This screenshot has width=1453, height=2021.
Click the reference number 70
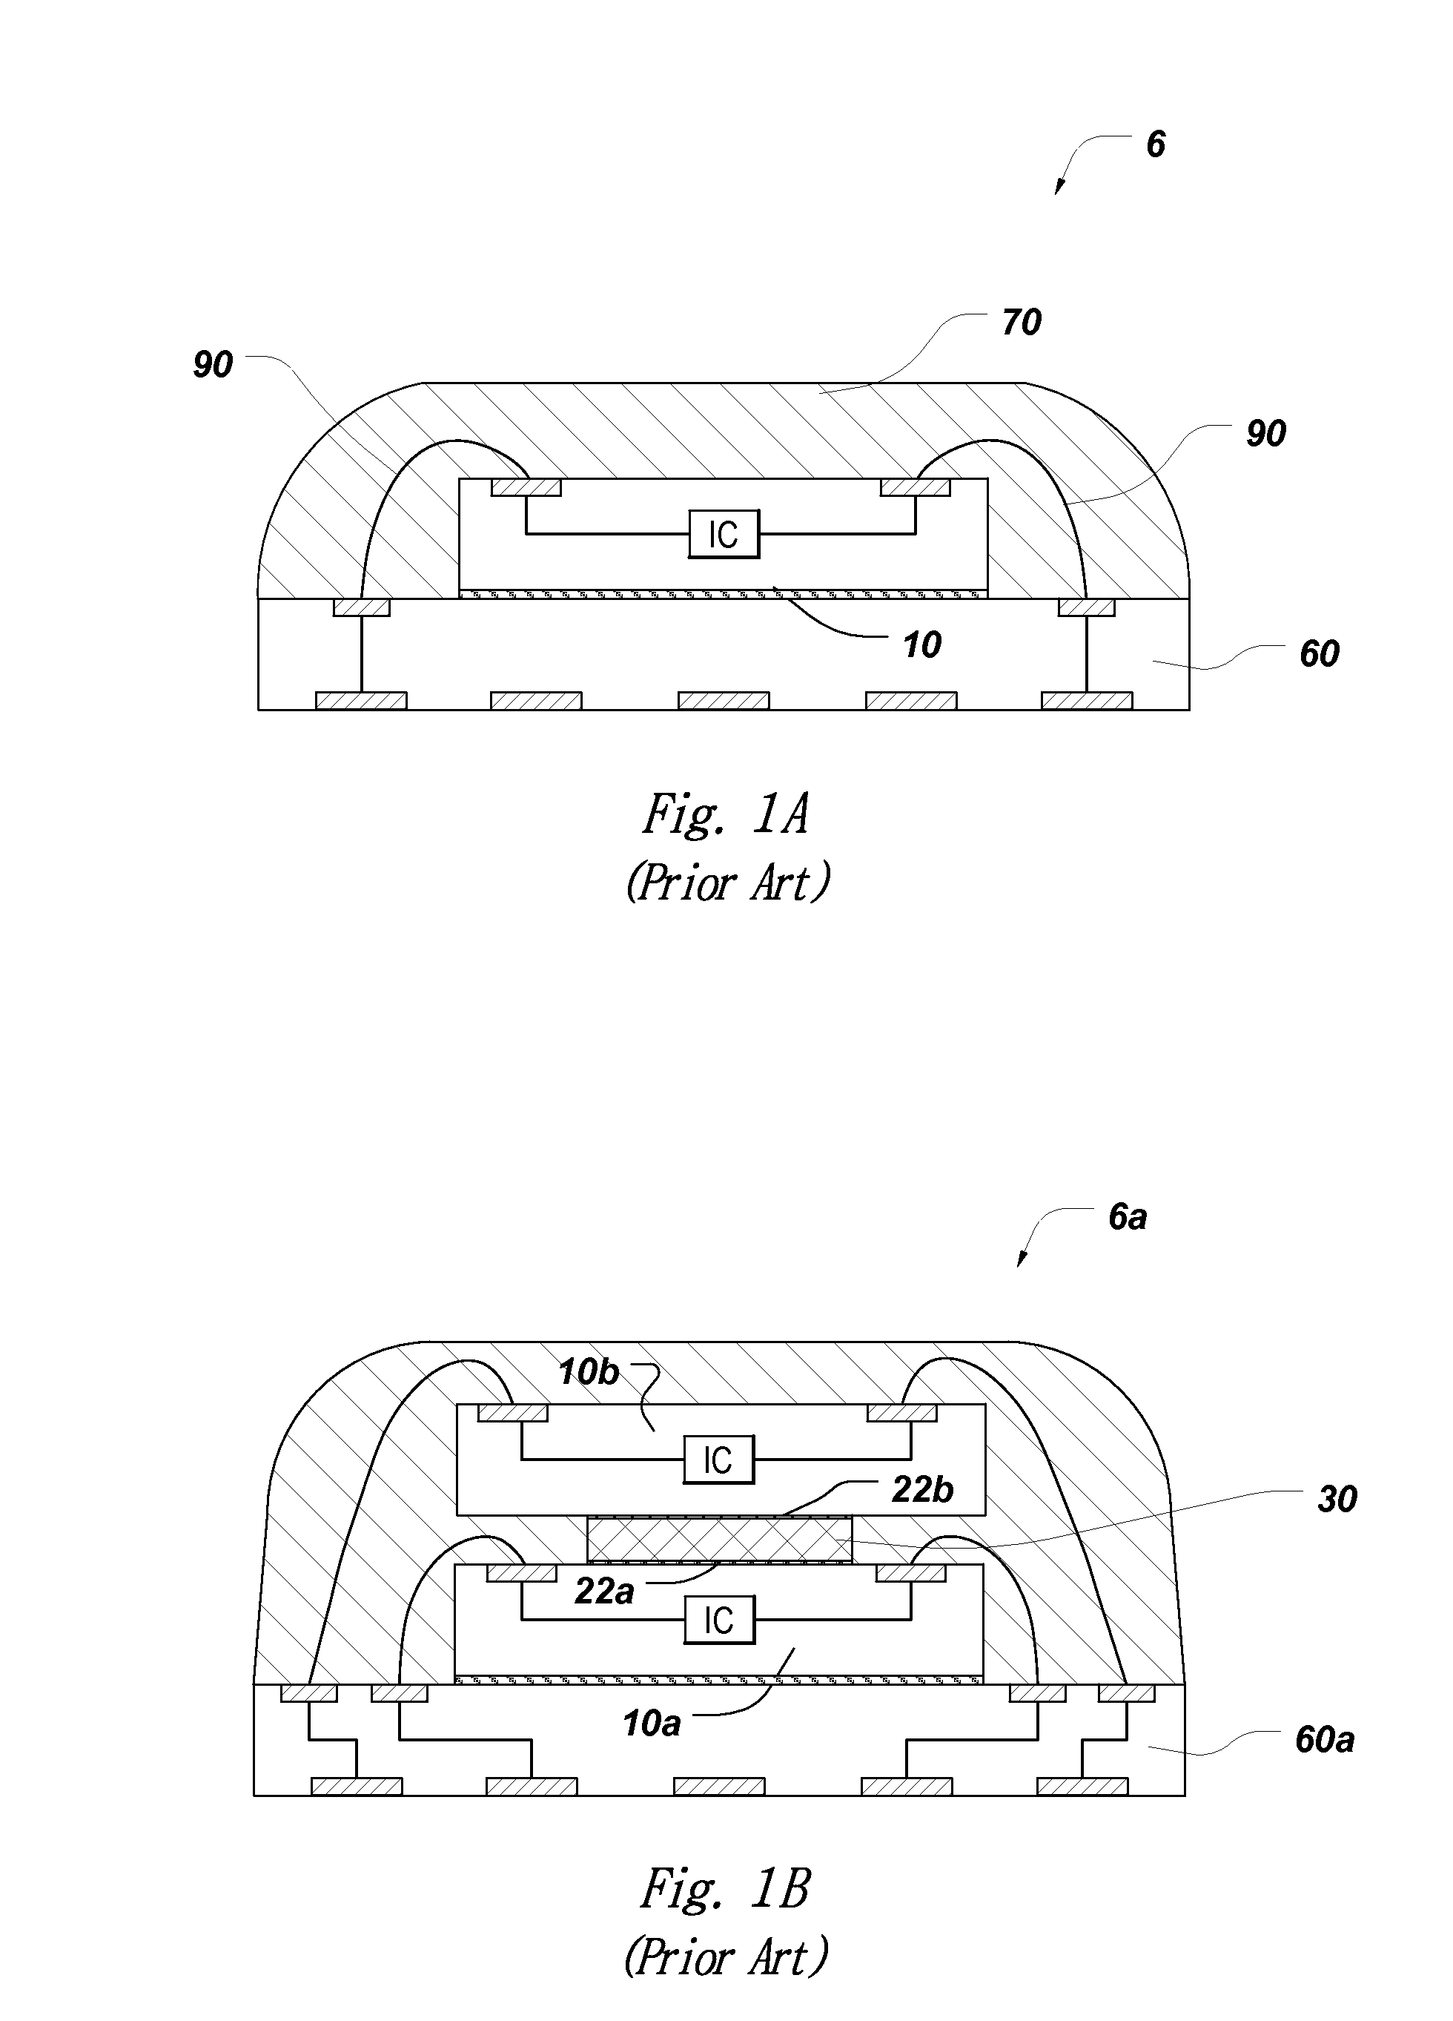pyautogui.click(x=1021, y=322)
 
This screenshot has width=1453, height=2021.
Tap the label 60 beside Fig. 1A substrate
pyautogui.click(x=1319, y=654)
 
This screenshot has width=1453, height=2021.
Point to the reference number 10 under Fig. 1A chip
pyautogui.click(x=922, y=644)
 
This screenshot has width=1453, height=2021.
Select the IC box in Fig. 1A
pyautogui.click(x=724, y=535)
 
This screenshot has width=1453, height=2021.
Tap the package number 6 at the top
pyautogui.click(x=1156, y=145)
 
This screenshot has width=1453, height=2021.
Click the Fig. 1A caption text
pyautogui.click(x=726, y=814)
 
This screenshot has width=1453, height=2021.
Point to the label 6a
pyautogui.click(x=1128, y=1216)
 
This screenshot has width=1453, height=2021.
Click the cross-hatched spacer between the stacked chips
pyautogui.click(x=719, y=1539)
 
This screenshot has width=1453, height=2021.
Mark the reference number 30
pyautogui.click(x=1337, y=1500)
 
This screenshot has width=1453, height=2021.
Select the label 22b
pyautogui.click(x=922, y=1490)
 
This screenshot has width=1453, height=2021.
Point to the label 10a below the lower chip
pyautogui.click(x=651, y=1724)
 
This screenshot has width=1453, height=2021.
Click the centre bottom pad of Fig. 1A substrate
pyautogui.click(x=724, y=700)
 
